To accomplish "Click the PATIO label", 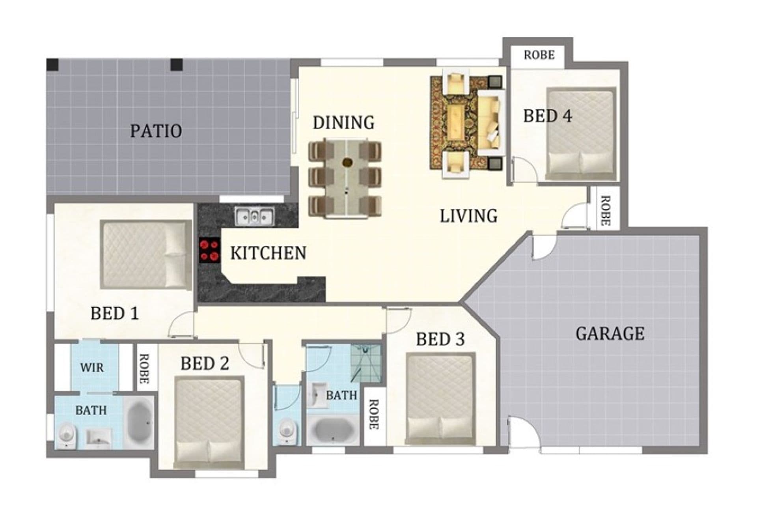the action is point(156,131).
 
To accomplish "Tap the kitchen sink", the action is point(254,217).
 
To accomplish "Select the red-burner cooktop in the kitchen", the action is point(209,250).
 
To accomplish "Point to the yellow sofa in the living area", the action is point(491,122).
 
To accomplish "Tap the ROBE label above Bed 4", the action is point(539,55).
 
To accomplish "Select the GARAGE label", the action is point(610,334).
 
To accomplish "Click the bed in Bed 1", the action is point(146,254).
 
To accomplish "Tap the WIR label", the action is point(92,368).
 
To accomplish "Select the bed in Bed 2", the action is point(209,422).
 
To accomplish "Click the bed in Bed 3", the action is point(440,398).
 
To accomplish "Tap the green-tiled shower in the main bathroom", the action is point(366,363).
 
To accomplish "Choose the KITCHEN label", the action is point(268,253).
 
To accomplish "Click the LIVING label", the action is point(469,216).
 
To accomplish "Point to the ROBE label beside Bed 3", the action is point(373,415).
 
